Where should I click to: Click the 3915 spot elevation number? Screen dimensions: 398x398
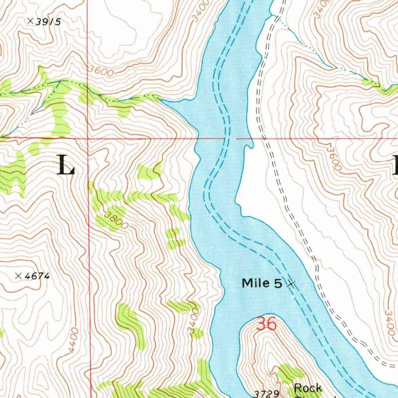48,22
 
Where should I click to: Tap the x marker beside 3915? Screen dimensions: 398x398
30,21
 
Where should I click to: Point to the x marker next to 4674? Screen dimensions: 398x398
18,276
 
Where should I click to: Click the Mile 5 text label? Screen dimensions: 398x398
262,283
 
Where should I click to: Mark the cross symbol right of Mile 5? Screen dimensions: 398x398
290,284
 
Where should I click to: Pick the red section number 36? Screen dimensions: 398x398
266,324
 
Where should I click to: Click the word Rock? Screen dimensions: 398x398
308,388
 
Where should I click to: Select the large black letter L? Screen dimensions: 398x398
66,165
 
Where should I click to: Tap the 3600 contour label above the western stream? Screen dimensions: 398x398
101,71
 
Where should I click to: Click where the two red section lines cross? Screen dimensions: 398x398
88,138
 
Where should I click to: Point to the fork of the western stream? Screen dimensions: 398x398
59,82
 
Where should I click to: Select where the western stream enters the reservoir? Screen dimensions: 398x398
162,101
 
